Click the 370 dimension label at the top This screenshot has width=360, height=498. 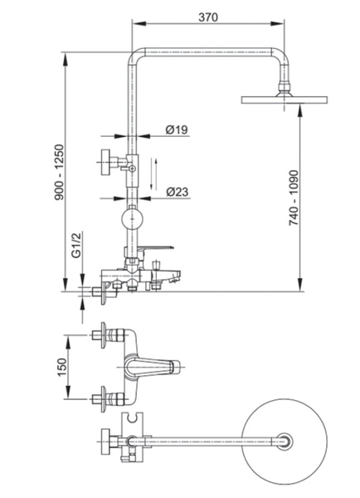(208, 17)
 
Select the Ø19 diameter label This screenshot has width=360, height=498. (177, 129)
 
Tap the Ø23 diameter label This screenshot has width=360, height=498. (178, 192)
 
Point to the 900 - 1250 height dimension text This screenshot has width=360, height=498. (59, 173)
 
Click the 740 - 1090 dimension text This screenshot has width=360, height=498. (294, 198)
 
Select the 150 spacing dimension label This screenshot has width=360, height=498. (62, 367)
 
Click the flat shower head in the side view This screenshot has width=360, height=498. (285, 100)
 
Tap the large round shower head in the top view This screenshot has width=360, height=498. (284, 442)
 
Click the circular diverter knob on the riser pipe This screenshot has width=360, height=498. (133, 219)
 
